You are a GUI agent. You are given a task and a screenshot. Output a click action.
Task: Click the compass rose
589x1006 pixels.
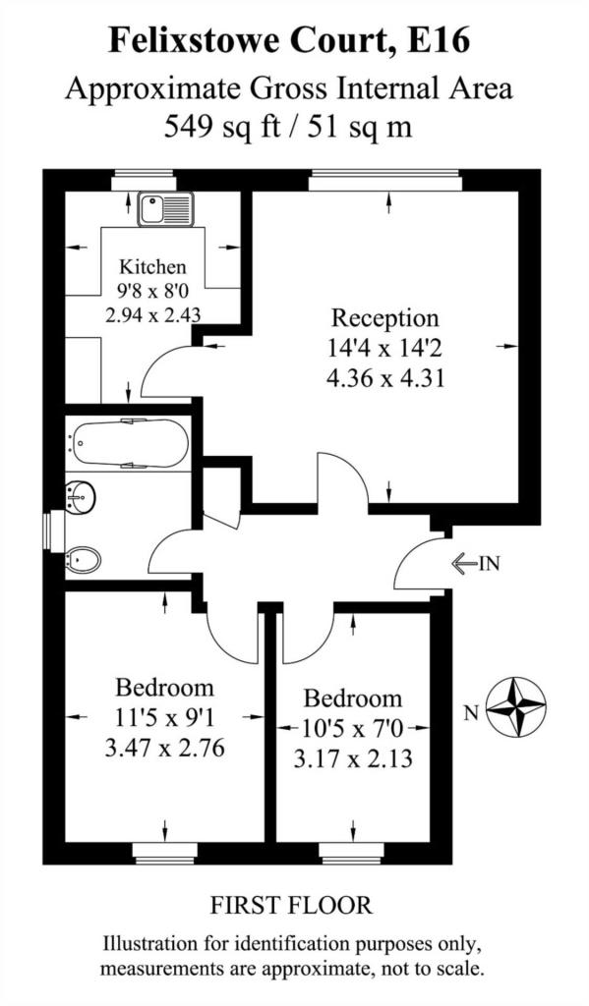point(518,707)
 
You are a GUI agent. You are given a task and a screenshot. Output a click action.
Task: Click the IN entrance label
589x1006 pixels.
point(489,563)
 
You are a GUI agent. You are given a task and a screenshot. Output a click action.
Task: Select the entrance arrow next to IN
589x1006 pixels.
point(462,563)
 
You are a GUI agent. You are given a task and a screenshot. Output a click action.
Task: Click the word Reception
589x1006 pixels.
point(384,318)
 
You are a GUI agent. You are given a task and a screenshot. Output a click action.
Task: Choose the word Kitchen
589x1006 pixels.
point(151,266)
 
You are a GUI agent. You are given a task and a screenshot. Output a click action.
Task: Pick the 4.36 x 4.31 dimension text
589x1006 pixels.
point(385,376)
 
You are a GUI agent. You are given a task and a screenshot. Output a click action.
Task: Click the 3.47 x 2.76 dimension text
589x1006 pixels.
point(164,748)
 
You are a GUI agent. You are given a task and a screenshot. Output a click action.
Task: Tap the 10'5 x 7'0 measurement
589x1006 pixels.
point(352,729)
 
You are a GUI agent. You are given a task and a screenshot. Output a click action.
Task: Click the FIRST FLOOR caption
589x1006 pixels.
point(293,904)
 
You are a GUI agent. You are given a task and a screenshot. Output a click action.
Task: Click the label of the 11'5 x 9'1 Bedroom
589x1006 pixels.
point(164,687)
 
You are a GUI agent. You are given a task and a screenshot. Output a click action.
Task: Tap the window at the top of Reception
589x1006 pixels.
point(384,179)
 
